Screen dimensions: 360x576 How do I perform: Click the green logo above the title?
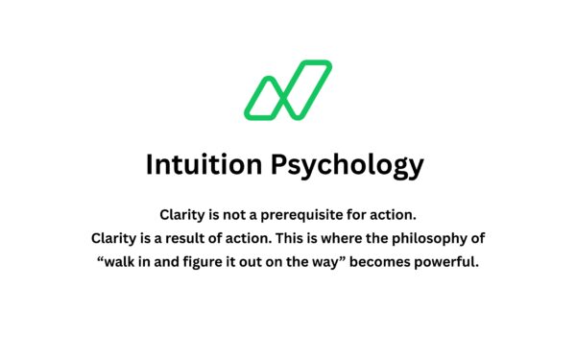(287, 90)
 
